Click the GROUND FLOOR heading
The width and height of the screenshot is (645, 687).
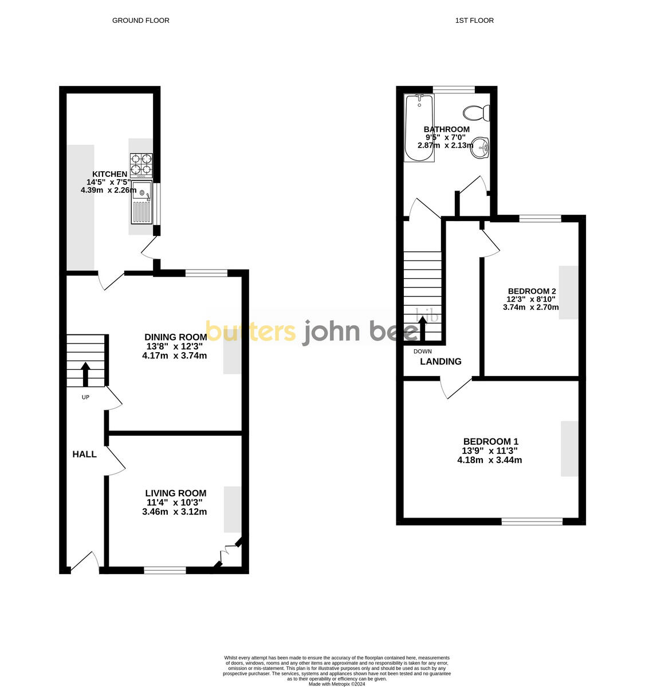(x=140, y=21)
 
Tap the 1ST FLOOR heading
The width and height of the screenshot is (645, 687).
(x=474, y=21)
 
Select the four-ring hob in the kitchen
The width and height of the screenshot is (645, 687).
(x=141, y=164)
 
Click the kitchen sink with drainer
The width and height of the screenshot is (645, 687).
(x=141, y=203)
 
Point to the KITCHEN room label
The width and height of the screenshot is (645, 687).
(x=110, y=174)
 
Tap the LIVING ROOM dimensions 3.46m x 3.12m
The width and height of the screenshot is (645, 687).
(x=174, y=512)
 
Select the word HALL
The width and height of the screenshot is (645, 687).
(x=84, y=455)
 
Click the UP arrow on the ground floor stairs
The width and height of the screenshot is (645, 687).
(x=86, y=373)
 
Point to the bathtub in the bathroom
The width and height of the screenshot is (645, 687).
(x=419, y=128)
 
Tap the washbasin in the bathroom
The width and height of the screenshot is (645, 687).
(x=481, y=147)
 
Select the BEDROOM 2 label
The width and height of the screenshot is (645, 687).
(x=531, y=291)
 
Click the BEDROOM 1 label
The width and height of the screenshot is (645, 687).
(x=490, y=441)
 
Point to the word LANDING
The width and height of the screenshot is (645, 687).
(x=441, y=361)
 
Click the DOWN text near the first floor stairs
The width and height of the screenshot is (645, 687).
(x=422, y=351)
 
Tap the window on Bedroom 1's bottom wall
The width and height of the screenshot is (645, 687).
(x=532, y=521)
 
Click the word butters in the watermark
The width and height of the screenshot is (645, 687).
(x=250, y=331)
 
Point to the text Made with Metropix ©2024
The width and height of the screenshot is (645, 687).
(x=336, y=684)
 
